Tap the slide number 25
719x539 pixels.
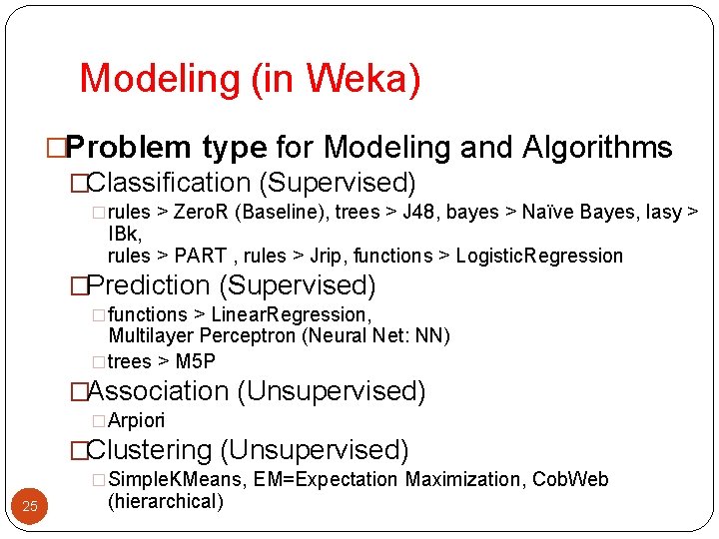pos(30,506)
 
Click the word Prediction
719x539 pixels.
pos(149,286)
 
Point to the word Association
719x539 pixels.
pos(159,391)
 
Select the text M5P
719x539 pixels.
pos(196,361)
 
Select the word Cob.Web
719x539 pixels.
pos(570,480)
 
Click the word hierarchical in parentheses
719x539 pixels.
pos(166,501)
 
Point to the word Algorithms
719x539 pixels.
pos(597,148)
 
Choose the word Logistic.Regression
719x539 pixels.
pos(539,257)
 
